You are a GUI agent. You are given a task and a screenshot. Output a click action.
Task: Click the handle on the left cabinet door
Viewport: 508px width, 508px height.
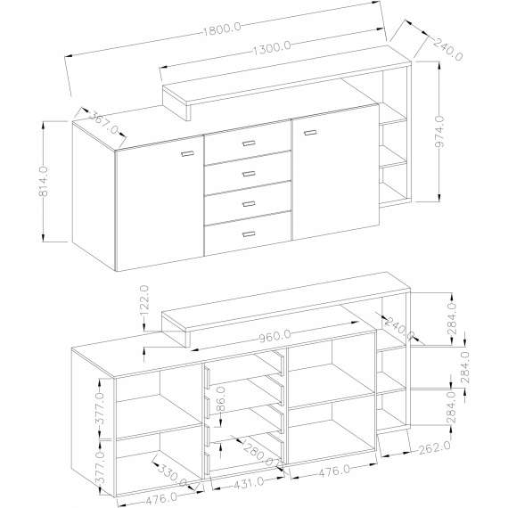[187, 154]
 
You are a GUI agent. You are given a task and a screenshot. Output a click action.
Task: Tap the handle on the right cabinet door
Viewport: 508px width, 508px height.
[309, 133]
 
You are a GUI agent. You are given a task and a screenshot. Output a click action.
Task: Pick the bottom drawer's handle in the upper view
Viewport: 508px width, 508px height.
[247, 234]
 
